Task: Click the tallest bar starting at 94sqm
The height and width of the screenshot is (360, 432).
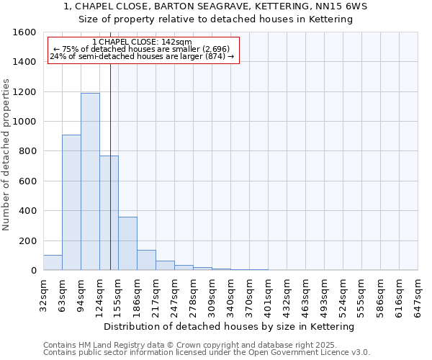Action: click(x=90, y=181)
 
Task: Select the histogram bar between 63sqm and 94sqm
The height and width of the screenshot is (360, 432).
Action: click(x=71, y=202)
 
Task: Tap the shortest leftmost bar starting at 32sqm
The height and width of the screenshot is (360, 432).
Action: click(x=53, y=263)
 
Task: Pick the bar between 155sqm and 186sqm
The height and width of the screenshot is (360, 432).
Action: click(x=127, y=243)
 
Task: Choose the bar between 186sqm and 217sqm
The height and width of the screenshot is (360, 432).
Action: click(x=146, y=260)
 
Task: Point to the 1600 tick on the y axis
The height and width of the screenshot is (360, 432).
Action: click(x=27, y=32)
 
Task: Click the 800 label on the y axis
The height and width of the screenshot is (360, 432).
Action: click(x=29, y=151)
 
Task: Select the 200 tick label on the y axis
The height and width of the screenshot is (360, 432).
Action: click(x=29, y=240)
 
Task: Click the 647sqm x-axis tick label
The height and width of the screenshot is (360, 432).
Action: click(x=418, y=294)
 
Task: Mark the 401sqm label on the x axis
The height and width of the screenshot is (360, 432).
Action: click(x=269, y=294)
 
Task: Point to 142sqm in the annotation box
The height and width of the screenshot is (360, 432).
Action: click(x=177, y=42)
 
